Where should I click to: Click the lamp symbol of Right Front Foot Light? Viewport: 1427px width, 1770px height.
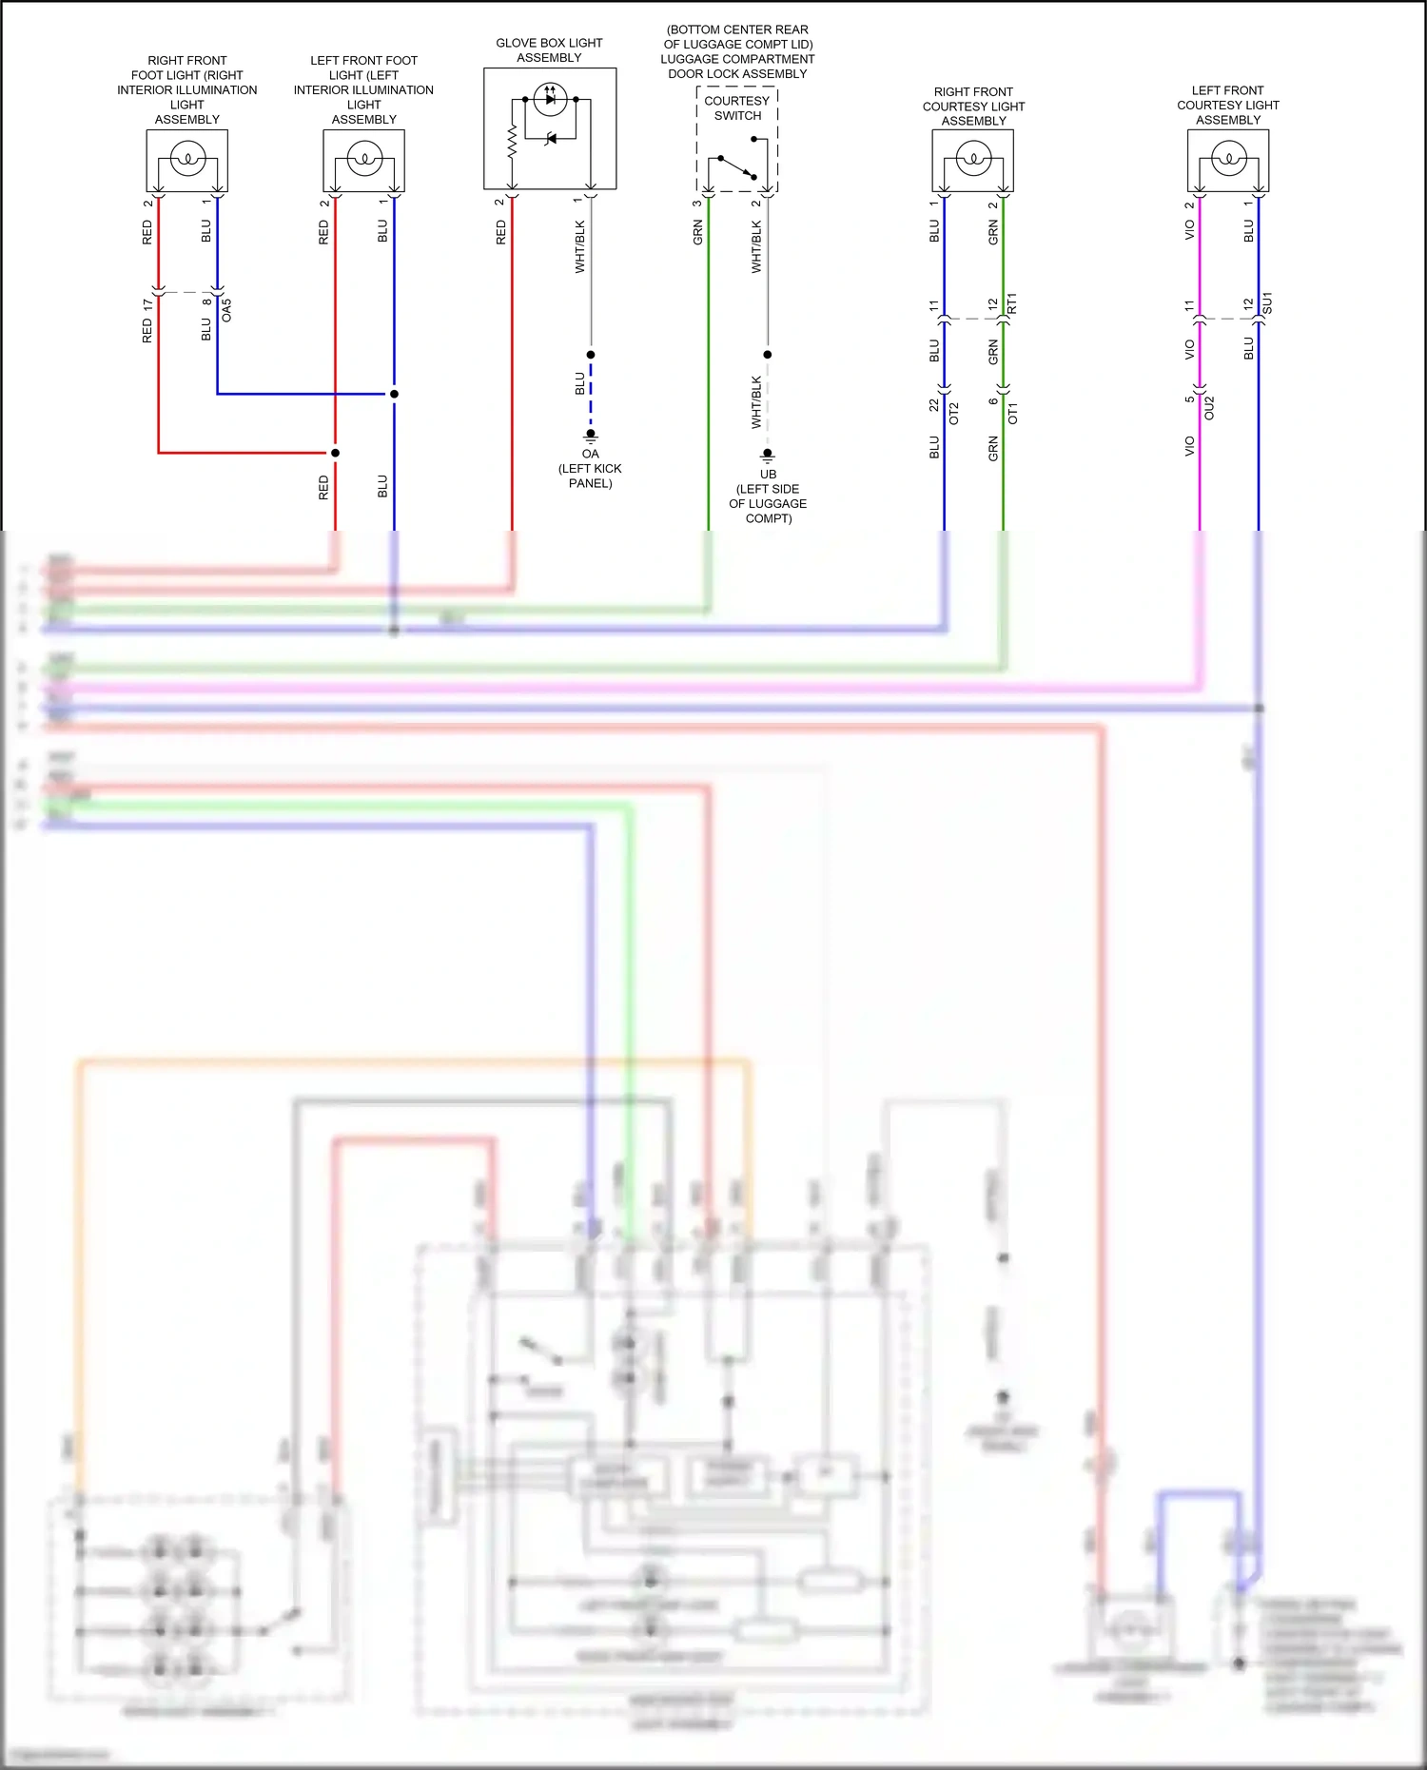187,158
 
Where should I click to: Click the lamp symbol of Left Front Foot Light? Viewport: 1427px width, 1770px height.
364,158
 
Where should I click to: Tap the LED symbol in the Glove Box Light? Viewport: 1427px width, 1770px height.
550,98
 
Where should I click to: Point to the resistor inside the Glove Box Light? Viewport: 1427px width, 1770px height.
512,143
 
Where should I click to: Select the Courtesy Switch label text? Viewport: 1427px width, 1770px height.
737,108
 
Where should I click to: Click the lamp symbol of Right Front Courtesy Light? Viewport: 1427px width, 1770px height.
973,158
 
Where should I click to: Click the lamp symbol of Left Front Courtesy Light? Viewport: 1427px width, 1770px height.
1228,158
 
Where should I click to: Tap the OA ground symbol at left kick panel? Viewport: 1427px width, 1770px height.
591,436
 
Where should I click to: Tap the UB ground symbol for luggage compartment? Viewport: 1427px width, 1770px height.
768,456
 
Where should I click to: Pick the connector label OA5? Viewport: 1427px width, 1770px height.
226,310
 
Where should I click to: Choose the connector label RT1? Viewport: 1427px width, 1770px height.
1012,304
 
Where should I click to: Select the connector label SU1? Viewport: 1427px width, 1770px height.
1267,304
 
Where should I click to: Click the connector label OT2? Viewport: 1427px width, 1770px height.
954,414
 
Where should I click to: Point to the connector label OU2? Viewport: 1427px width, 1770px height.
1209,409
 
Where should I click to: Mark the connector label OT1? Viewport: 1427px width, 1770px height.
1013,414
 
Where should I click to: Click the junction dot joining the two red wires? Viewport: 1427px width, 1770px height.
335,453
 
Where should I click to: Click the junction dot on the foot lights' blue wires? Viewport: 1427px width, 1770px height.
394,394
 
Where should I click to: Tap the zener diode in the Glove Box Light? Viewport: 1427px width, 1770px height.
550,140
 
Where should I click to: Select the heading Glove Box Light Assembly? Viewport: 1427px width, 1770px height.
549,50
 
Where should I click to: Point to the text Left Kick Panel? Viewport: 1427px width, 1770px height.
590,476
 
